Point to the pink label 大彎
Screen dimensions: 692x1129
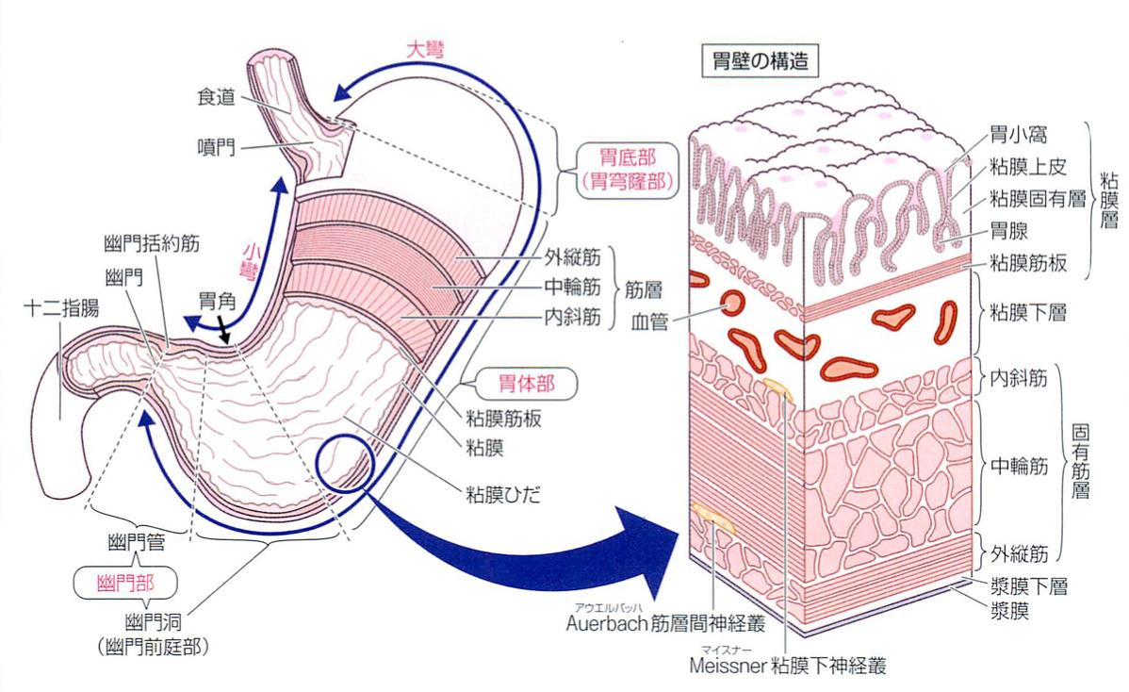pyautogui.click(x=425, y=48)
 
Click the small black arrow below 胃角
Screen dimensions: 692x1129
pyautogui.click(x=224, y=332)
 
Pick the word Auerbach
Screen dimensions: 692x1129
pyautogui.click(x=607, y=623)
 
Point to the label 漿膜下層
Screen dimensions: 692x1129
pyautogui.click(x=1026, y=585)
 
